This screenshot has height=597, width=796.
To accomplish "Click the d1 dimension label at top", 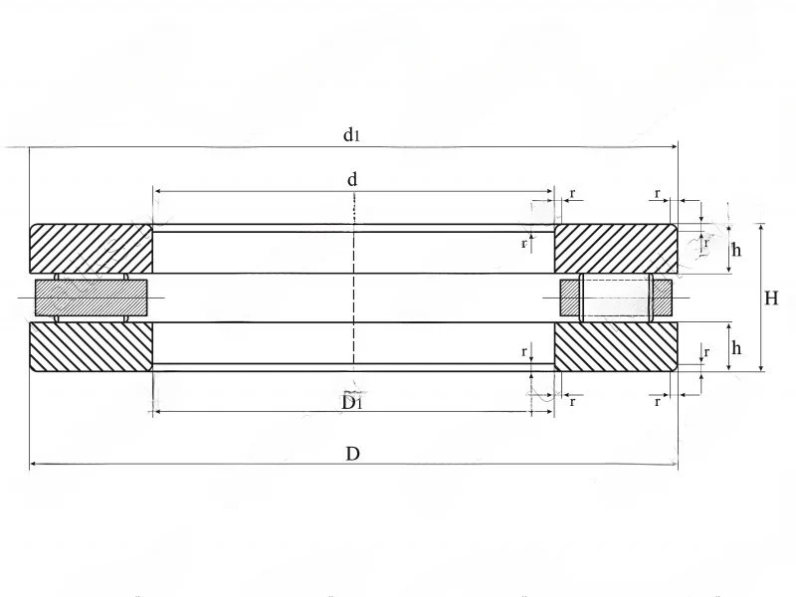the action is pos(351,135).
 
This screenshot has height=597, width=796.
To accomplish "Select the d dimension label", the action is pos(352,179).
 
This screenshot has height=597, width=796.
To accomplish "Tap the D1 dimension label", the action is pos(352,403).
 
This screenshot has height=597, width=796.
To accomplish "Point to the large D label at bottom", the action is pos(352,454).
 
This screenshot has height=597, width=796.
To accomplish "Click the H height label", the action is pos(771,298).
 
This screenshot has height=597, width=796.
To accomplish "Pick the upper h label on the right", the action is pos(736,250).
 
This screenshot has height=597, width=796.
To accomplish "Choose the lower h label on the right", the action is pos(736,347).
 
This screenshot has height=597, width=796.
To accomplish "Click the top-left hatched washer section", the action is pos(91,249).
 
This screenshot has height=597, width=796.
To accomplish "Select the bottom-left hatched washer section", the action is pos(91,346).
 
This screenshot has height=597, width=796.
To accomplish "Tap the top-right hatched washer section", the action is pos(616,249).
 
